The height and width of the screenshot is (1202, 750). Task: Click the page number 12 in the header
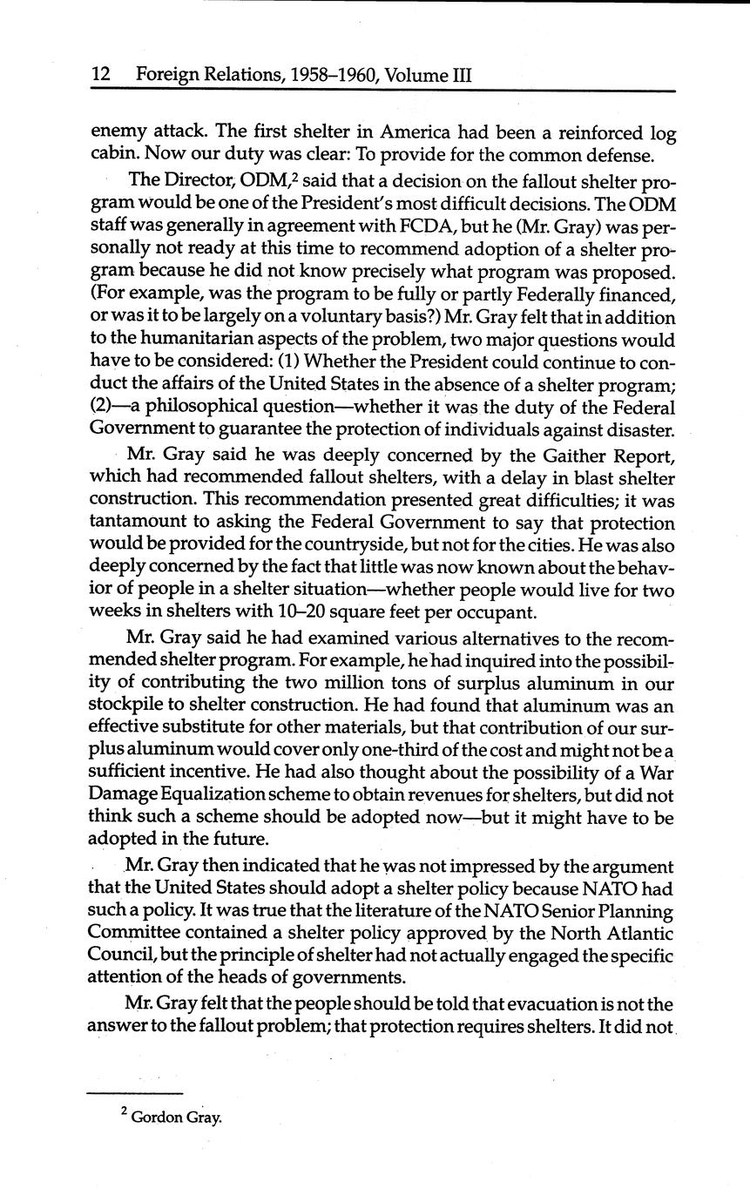pos(100,75)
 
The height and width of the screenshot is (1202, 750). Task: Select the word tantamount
pos(140,523)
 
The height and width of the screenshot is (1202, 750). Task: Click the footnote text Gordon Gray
pos(177,1118)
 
